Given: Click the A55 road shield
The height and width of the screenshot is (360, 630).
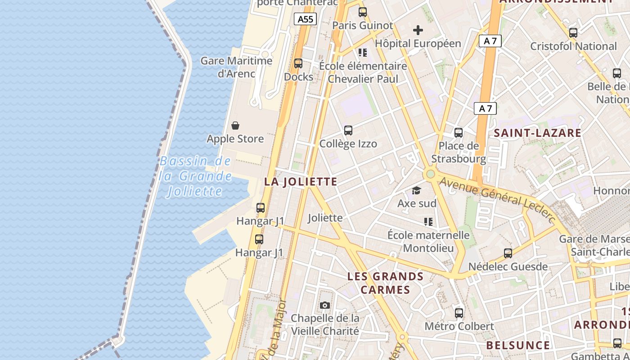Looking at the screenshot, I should pyautogui.click(x=306, y=19).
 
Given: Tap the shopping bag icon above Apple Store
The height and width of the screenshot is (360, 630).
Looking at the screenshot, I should pyautogui.click(x=235, y=126).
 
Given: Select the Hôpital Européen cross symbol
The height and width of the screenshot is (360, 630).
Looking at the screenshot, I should pyautogui.click(x=418, y=30).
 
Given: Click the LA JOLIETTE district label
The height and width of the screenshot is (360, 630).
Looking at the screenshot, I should pyautogui.click(x=301, y=182).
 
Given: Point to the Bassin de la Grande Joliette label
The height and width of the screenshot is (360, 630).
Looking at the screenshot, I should pyautogui.click(x=195, y=176).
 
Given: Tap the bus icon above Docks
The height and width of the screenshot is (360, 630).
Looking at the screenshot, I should pyautogui.click(x=298, y=63).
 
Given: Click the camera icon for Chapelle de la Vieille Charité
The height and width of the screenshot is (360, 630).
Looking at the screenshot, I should pyautogui.click(x=325, y=306).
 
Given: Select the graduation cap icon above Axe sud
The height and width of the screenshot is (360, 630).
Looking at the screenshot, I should pyautogui.click(x=416, y=191).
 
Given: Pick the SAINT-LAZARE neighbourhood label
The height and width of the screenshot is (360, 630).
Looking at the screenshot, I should pyautogui.click(x=538, y=133).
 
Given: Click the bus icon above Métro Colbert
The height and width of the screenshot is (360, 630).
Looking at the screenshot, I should pyautogui.click(x=459, y=313).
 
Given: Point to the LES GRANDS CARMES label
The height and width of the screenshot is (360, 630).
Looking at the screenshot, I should pyautogui.click(x=386, y=283).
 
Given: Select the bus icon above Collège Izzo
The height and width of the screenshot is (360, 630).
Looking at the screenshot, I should pyautogui.click(x=348, y=130).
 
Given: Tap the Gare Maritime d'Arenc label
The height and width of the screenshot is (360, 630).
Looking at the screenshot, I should pyautogui.click(x=236, y=67).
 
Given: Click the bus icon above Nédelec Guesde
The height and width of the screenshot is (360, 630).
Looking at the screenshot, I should pyautogui.click(x=508, y=253).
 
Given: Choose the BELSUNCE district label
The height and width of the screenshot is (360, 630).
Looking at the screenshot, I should pyautogui.click(x=518, y=345).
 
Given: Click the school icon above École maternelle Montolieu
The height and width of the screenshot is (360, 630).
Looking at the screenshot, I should pyautogui.click(x=428, y=221).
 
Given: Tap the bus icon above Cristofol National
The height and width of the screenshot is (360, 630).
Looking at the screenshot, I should pyautogui.click(x=573, y=33).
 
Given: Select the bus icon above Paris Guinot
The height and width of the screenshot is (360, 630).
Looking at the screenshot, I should pyautogui.click(x=363, y=12).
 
